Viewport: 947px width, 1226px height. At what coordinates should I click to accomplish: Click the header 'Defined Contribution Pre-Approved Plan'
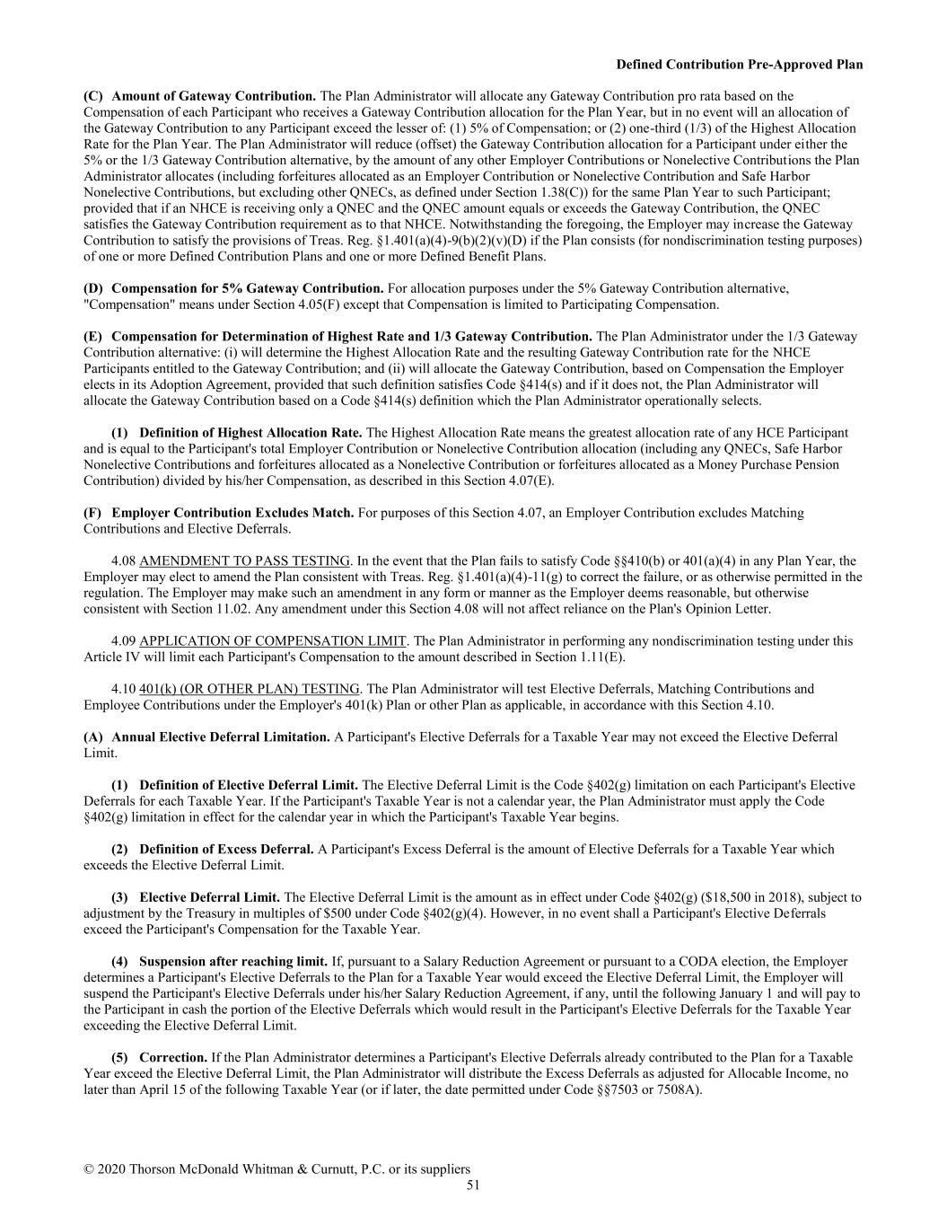[740, 65]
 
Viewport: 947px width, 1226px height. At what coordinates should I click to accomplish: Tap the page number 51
[473, 1186]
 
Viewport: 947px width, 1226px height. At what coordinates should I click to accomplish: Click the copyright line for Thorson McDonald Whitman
[276, 1169]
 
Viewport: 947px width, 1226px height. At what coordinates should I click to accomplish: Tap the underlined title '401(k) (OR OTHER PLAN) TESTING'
[250, 689]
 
